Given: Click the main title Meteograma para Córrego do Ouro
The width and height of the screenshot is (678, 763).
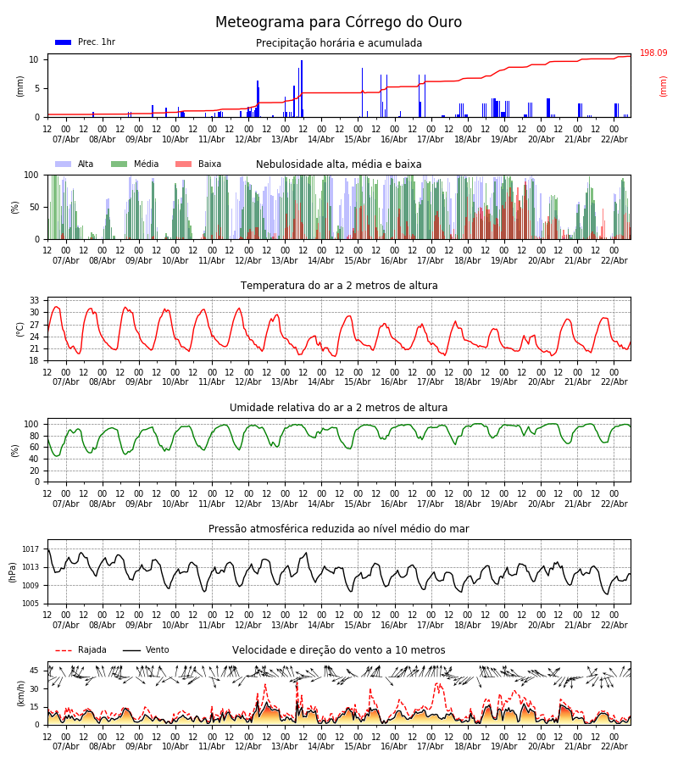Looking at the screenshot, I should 338,23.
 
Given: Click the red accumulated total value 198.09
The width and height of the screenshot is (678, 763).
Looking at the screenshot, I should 653,53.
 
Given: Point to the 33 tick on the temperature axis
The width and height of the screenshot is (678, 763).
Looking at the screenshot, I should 35,300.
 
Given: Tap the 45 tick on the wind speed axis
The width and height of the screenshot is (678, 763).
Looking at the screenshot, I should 35,671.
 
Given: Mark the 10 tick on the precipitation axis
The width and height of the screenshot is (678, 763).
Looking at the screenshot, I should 35,59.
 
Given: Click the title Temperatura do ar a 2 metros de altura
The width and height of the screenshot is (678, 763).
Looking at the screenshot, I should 339,286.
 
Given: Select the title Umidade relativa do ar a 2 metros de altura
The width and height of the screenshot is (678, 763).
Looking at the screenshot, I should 339,408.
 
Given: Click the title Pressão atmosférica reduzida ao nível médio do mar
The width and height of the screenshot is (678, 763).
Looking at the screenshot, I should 339,529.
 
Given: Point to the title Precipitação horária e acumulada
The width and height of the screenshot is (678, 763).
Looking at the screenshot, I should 339,43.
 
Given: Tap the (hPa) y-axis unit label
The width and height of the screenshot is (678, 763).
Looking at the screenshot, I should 14,571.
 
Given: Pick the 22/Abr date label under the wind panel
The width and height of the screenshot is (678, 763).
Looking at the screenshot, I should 614,746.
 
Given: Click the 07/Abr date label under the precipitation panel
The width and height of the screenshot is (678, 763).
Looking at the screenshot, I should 66,139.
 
